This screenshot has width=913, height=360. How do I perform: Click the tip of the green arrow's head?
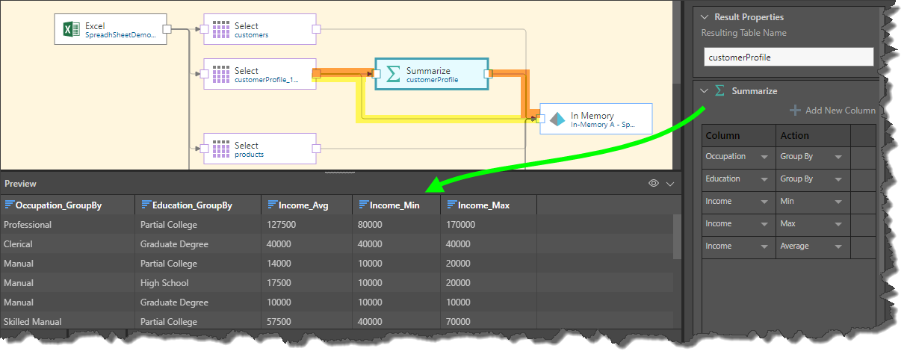click(425, 191)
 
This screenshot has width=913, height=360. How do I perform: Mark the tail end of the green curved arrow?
click(705, 108)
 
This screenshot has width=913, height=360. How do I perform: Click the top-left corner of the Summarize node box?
click(375, 59)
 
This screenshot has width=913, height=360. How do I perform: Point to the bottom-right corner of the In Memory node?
click(652, 134)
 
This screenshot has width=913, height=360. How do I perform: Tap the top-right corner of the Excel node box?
click(167, 14)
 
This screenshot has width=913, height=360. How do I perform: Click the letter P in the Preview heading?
click(7, 184)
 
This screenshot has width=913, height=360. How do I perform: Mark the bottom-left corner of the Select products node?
click(204, 164)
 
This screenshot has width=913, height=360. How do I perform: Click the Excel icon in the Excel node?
click(71, 29)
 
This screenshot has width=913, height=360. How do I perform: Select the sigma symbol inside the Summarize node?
click(393, 74)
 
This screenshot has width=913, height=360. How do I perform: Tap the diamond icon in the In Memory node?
click(557, 120)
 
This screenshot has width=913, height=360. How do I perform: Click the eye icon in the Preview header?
click(653, 183)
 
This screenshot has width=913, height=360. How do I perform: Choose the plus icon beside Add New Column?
click(795, 111)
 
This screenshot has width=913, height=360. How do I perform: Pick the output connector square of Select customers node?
click(316, 29)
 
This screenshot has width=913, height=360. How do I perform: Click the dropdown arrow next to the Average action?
click(838, 246)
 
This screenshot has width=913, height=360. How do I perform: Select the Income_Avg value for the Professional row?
click(281, 224)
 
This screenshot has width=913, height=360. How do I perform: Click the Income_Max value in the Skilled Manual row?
click(458, 322)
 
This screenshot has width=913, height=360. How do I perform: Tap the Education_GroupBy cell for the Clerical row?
click(174, 244)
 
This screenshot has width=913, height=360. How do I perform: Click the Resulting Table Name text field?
click(789, 57)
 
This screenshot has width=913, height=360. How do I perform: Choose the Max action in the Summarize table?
click(788, 223)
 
